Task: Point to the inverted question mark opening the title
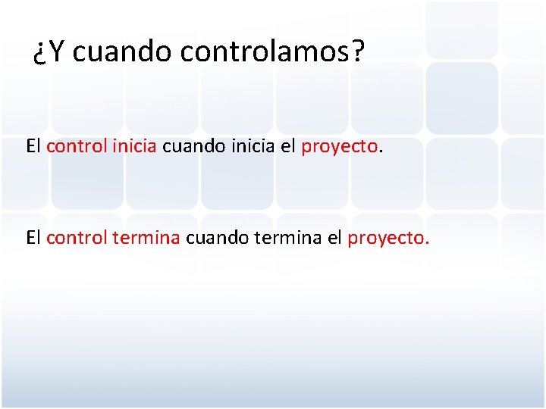point(41,53)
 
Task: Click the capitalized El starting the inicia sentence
point(33,146)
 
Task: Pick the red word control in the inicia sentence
point(77,146)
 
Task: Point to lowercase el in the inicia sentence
point(287,146)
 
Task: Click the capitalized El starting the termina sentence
point(33,238)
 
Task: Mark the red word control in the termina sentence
point(77,238)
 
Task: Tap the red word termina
point(146,238)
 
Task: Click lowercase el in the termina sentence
point(334,238)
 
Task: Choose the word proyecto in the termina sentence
point(386,239)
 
